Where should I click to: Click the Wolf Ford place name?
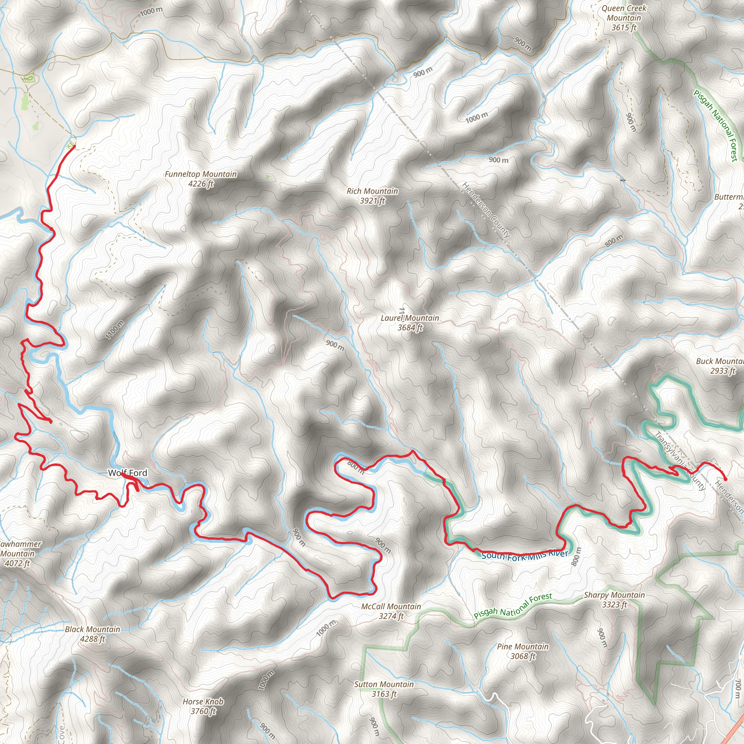click(128, 473)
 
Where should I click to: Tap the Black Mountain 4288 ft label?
click(92, 634)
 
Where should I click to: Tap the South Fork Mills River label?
click(525, 555)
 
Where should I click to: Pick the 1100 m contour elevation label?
click(115, 329)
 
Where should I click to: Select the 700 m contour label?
click(737, 688)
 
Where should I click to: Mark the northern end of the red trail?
click(74, 146)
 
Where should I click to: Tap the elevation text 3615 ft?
click(624, 28)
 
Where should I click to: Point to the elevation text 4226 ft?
click(201, 184)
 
